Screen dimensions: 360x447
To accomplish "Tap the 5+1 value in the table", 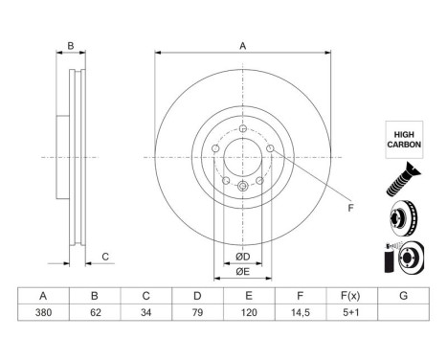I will (x=349, y=311).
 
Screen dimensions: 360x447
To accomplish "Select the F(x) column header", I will (x=349, y=296).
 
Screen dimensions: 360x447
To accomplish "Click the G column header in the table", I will (x=403, y=296).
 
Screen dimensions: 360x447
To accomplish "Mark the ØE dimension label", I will (x=243, y=271).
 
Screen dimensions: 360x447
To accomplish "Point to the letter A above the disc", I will (x=243, y=46).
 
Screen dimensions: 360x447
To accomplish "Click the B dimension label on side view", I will (x=70, y=46).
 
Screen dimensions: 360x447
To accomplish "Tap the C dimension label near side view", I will (x=106, y=256).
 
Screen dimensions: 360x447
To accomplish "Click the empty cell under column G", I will (x=403, y=311).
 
